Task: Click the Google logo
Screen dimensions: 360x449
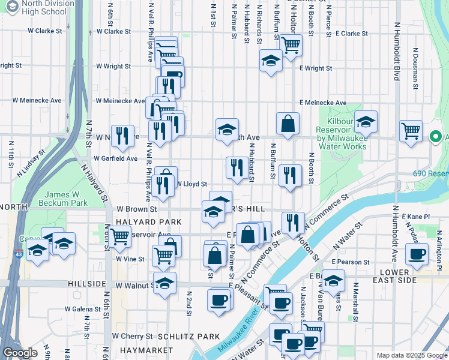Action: point(20,353)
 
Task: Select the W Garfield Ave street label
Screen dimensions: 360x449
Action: point(116,159)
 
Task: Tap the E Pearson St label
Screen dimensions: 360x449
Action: point(352,262)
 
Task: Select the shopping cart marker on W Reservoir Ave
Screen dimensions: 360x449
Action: point(119,236)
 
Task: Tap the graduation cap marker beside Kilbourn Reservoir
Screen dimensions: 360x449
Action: point(365,122)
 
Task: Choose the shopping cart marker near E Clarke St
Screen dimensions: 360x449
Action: point(291,43)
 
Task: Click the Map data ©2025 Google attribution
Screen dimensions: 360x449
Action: point(411,355)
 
